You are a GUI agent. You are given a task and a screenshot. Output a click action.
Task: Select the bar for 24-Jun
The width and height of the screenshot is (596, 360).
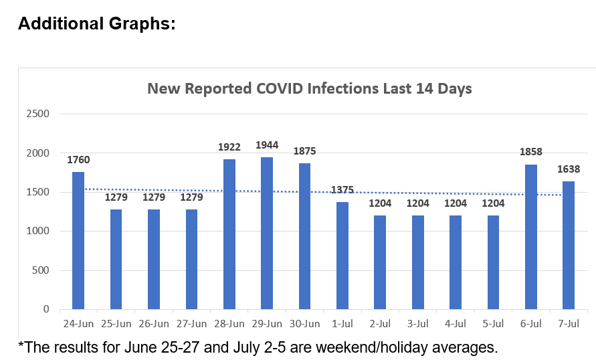[78, 241]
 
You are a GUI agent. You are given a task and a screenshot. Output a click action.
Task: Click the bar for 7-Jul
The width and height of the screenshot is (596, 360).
[569, 246]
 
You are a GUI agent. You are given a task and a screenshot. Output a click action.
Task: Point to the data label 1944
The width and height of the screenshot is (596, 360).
[267, 145]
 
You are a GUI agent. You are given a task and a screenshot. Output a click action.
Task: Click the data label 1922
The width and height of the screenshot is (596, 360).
[229, 147]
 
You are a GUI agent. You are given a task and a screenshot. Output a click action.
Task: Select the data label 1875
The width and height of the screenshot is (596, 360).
[304, 151]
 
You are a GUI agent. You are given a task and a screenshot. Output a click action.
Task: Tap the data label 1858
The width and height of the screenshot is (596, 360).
[531, 152]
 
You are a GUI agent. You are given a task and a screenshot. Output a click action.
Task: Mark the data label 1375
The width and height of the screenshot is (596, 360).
[342, 189]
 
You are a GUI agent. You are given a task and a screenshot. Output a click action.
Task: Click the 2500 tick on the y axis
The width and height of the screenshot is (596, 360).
[39, 114]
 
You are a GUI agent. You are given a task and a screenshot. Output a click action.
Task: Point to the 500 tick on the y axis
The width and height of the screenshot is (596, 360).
[42, 270]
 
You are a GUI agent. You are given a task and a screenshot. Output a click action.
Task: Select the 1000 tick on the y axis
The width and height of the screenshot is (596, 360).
[39, 232]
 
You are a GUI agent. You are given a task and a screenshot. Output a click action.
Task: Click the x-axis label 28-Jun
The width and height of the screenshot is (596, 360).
[229, 324]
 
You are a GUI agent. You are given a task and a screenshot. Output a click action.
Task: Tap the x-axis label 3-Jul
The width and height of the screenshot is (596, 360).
[417, 324]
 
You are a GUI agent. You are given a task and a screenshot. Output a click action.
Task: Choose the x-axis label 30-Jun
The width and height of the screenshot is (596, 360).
[304, 324]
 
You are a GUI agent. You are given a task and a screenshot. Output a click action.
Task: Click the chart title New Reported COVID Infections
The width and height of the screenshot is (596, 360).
[310, 89]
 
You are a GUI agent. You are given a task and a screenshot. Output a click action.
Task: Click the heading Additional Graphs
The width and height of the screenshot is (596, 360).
[97, 24]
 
